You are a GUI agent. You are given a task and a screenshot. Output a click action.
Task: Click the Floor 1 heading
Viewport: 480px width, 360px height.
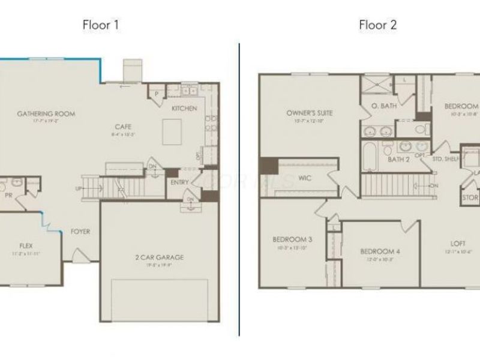pyautogui.click(x=101, y=25)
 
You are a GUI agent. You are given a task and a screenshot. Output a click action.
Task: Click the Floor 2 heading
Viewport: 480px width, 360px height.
pyautogui.click(x=378, y=25)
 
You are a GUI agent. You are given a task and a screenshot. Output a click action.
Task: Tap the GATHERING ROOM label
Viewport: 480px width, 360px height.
pyautogui.click(x=42, y=113)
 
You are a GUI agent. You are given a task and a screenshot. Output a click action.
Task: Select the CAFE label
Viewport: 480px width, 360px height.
pyautogui.click(x=124, y=127)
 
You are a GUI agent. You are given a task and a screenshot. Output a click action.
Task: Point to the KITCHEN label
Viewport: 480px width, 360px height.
pyautogui.click(x=184, y=109)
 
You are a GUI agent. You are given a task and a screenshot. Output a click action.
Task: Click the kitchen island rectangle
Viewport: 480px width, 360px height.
pyautogui.click(x=173, y=130)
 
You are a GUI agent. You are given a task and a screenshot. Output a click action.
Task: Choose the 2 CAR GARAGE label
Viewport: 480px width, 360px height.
pyautogui.click(x=159, y=258)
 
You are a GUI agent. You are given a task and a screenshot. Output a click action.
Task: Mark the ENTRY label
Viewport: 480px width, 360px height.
pyautogui.click(x=179, y=182)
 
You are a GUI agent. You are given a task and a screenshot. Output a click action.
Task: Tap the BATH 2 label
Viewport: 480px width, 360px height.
pyautogui.click(x=398, y=159)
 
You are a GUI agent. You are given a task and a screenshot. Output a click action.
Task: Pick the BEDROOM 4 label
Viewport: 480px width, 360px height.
pyautogui.click(x=380, y=251)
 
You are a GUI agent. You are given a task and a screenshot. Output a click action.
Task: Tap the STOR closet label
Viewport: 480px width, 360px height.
pyautogui.click(x=470, y=197)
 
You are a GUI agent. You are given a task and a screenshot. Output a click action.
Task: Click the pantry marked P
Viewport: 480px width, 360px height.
pyautogui.click(x=156, y=94)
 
